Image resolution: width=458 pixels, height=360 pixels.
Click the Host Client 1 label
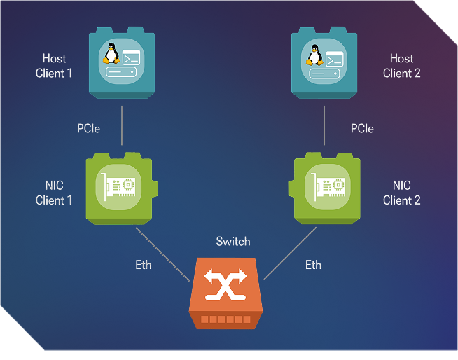coord(54,65)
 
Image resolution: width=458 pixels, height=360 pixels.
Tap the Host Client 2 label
coord(402,65)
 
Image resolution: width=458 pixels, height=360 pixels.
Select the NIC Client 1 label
coord(54,193)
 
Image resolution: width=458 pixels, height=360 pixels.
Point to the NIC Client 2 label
coord(402,193)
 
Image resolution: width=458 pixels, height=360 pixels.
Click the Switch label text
coord(233,242)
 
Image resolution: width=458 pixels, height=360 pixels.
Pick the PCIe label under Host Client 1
coord(88,129)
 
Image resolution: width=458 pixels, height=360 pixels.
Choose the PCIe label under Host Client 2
coord(362,129)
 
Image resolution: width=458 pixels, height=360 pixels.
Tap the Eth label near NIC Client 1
coord(144,265)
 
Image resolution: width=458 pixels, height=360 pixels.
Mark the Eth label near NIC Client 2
coord(313,265)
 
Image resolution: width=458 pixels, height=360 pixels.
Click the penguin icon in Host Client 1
coord(111,53)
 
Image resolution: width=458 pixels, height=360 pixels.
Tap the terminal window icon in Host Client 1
coord(132,57)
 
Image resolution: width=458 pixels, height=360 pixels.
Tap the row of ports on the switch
coord(225,319)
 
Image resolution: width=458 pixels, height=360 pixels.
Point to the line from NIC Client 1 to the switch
coord(162,253)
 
